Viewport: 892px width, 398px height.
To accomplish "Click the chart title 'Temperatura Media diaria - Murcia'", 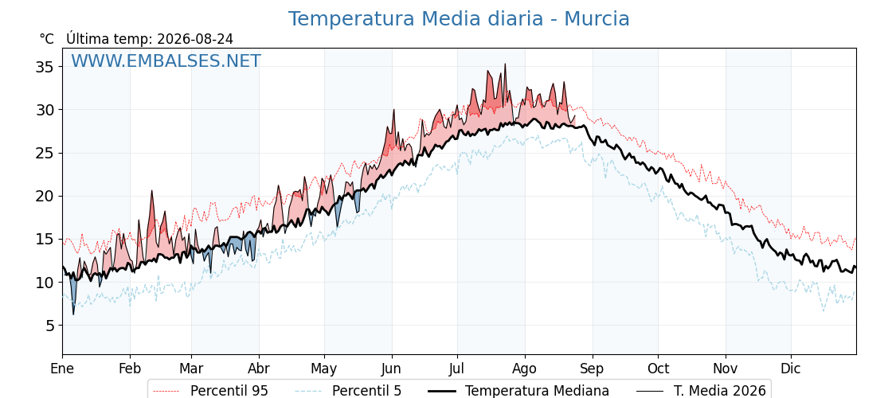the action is pos(459,19).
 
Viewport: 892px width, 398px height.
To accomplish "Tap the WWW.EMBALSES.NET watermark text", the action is pos(166,60).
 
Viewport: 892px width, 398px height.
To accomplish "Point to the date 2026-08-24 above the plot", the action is pos(195,39).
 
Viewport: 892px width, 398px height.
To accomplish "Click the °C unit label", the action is pos(47,39).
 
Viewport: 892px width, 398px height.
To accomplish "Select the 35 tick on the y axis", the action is pos(45,67).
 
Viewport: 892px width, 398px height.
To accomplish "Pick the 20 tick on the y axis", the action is pos(45,196).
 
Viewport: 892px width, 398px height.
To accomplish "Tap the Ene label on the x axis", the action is pos(62,369).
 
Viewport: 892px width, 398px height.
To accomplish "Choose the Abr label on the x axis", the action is pos(259,369).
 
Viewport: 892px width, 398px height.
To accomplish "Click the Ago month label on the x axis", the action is pos(525,369).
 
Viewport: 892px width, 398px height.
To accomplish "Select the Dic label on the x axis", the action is pos(791,369).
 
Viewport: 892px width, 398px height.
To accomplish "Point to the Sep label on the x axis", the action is pos(593,369).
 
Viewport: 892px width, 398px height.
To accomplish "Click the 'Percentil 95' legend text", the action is pos(229,391).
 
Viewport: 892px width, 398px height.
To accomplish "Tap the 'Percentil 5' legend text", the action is pos(366,391).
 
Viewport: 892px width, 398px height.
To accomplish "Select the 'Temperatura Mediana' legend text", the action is pos(537,391).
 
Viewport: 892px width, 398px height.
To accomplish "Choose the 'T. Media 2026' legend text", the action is pos(720,391).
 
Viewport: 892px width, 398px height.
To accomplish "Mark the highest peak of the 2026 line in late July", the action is pos(505,64).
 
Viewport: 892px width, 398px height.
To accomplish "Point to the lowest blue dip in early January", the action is pos(73,314).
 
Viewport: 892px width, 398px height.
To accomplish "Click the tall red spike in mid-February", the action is pos(152,191).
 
